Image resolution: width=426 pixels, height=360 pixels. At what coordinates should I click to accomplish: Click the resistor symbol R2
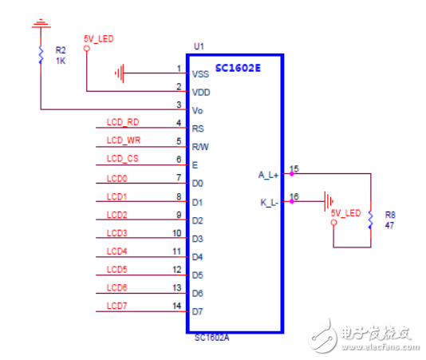click(41, 55)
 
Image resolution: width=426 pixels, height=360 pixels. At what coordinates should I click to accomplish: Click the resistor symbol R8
click(371, 220)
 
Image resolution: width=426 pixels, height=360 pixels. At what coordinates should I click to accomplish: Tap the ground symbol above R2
click(41, 23)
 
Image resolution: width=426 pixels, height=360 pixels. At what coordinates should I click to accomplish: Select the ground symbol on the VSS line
click(120, 73)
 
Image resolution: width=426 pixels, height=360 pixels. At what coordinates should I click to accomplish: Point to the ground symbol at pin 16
click(329, 201)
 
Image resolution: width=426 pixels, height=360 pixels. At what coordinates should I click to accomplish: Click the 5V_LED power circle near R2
click(87, 49)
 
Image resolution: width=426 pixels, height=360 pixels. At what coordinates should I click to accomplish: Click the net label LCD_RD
click(123, 122)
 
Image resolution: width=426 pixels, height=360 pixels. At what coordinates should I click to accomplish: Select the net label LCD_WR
click(124, 140)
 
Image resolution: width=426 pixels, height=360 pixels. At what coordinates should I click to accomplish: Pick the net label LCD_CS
click(123, 159)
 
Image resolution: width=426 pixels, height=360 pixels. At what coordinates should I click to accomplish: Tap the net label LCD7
click(116, 306)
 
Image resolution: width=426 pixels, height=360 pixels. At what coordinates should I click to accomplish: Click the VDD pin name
click(201, 93)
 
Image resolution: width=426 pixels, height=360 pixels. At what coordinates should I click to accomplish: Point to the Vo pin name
click(198, 111)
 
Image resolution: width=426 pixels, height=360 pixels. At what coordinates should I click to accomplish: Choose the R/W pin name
click(200, 147)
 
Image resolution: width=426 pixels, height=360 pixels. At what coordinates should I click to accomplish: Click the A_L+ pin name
click(268, 175)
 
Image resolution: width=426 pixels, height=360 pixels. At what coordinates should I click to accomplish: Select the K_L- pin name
click(269, 203)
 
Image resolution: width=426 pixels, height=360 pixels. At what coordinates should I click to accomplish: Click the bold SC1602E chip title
click(238, 68)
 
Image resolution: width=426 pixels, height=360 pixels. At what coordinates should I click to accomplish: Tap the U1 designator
click(199, 46)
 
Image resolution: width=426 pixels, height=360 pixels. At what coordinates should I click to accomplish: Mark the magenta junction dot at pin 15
click(292, 174)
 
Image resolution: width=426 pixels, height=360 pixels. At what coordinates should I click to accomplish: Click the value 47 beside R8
click(389, 225)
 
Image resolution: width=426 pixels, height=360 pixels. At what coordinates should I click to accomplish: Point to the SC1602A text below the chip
click(212, 338)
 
